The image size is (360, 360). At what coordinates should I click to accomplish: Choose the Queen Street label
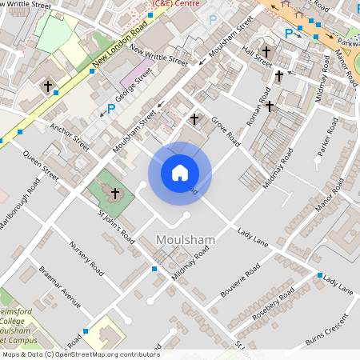pyautogui.click(x=40, y=163)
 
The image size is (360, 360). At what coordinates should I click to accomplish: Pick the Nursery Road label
pyautogui.click(x=87, y=258)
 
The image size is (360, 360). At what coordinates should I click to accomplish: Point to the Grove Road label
pyautogui.click(x=225, y=131)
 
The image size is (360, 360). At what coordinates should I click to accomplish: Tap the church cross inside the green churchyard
pyautogui.click(x=115, y=194)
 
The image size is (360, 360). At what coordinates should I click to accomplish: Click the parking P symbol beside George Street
pyautogui.click(x=111, y=108)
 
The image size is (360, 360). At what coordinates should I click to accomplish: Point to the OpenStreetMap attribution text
pyautogui.click(x=80, y=354)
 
